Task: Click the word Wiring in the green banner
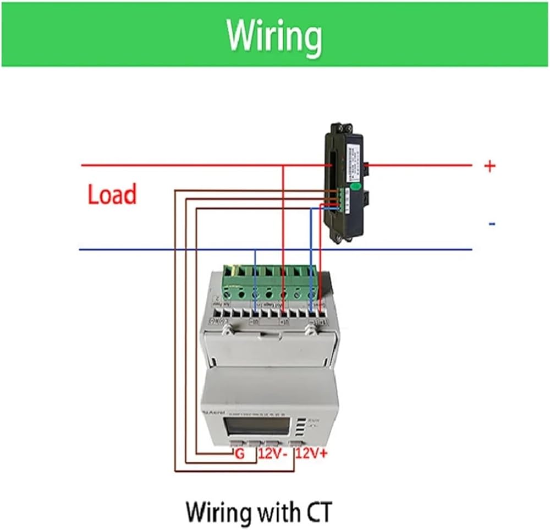[x=274, y=36]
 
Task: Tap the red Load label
[x=112, y=195]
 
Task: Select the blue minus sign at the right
[x=492, y=224]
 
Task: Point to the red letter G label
[x=239, y=454]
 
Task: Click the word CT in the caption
[x=317, y=512]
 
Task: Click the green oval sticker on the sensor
[x=356, y=187]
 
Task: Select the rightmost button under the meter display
[x=297, y=442]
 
